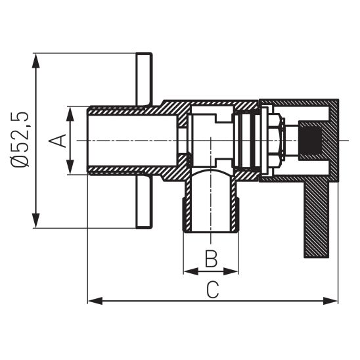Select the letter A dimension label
(58, 141)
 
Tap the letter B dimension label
(210, 258)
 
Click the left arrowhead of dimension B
(189, 271)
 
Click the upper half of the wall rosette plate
(143, 79)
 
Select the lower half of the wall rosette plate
(143, 204)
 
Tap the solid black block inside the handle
(310, 140)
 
